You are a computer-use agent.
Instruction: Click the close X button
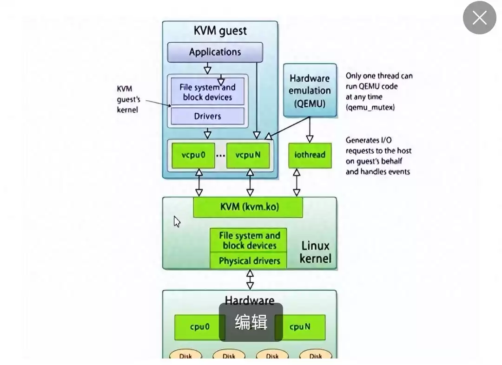coord(479,18)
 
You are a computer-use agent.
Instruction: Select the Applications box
coord(215,52)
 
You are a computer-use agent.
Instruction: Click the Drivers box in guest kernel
coord(207,116)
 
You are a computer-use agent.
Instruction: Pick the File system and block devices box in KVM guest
coord(207,92)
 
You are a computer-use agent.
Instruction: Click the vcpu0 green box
coord(193,155)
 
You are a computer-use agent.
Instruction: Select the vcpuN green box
coord(248,155)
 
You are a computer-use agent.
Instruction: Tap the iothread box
coord(310,155)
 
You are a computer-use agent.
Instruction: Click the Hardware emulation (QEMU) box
coord(310,91)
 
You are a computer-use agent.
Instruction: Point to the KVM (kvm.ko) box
coord(248,207)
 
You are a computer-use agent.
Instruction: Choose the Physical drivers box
coord(249,261)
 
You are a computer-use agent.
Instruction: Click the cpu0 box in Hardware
coord(199,327)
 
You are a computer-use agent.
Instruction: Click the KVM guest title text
coord(220,31)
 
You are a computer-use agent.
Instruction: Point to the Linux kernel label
coord(315,252)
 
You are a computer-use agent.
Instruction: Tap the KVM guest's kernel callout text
coord(128,99)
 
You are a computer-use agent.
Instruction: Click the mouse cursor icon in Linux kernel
coord(177,222)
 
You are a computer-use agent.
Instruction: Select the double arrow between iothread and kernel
coord(296,182)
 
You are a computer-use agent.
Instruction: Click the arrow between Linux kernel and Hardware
coord(250,280)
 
